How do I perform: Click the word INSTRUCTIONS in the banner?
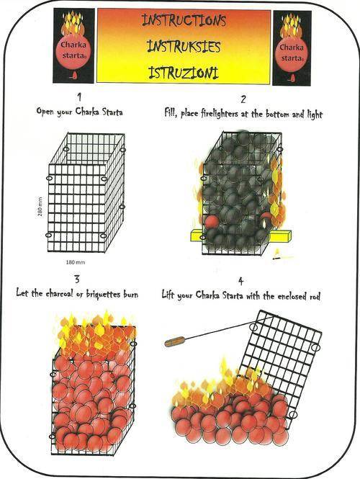(x=184, y=21)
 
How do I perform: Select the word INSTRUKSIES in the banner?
(x=184, y=47)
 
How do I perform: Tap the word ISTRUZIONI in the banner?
(x=184, y=73)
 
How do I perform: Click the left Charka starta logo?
(x=73, y=45)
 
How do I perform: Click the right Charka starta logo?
(x=292, y=48)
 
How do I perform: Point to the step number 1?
(x=79, y=97)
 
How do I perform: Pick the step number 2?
(x=243, y=99)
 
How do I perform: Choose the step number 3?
(x=77, y=279)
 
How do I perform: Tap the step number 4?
(x=241, y=281)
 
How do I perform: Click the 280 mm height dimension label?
(x=40, y=207)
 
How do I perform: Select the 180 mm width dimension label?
(x=76, y=262)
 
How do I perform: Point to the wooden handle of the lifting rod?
(x=175, y=341)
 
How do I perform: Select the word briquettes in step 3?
(x=103, y=294)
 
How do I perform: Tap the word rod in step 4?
(x=315, y=296)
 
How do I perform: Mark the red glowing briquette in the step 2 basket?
(x=212, y=222)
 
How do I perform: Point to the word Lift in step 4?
(x=168, y=295)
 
